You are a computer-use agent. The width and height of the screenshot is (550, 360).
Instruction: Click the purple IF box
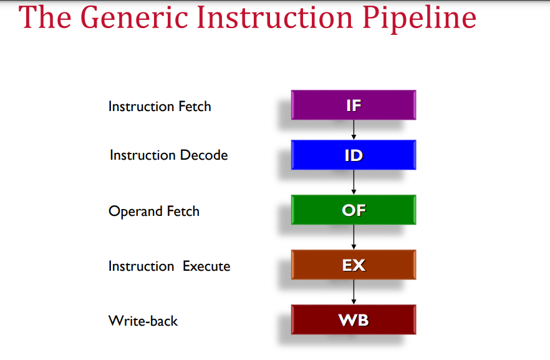pos(354,105)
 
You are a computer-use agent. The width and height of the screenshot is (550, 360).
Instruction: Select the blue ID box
pos(354,155)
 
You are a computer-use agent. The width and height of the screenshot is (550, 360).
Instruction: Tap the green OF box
pos(354,210)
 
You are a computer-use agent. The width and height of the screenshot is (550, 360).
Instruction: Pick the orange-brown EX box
pos(354,265)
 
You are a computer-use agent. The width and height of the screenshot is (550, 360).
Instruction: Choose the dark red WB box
pos(354,319)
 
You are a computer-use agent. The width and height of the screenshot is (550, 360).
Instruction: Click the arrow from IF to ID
pos(354,130)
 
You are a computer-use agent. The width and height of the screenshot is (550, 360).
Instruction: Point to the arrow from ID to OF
pos(354,182)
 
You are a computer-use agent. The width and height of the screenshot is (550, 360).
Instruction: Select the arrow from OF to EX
pos(354,237)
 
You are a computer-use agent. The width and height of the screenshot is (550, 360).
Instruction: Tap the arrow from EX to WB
pos(354,292)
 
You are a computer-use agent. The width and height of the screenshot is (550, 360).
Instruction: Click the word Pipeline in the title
pos(419,18)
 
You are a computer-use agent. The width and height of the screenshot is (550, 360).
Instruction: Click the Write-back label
pos(143,321)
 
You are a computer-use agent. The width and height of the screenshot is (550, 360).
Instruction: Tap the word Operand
pos(135,212)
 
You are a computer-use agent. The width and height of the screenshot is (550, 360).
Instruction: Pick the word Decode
pos(204,155)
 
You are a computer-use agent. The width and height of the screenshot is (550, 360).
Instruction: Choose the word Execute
pos(206,266)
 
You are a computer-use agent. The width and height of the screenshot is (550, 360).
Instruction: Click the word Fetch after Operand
pos(183,212)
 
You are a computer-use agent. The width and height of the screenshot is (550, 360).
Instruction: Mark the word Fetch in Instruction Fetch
pos(195,106)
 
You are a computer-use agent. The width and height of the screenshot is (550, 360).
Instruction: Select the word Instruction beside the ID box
pos(142,155)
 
